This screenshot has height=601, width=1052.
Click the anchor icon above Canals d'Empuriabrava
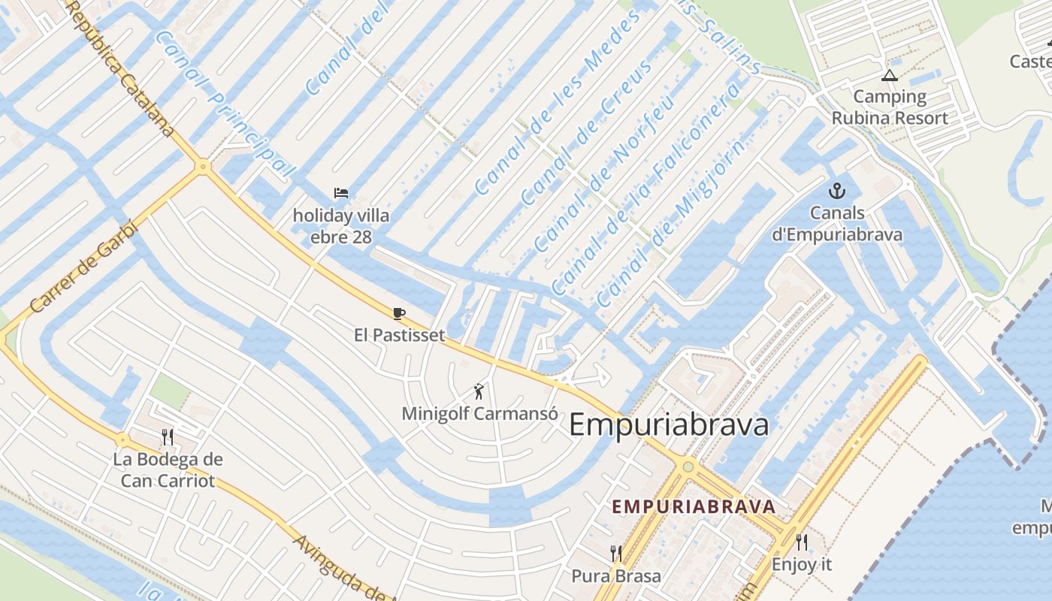(x=837, y=191)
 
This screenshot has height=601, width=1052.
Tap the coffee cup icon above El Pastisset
(x=399, y=313)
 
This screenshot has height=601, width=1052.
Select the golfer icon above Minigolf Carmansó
(x=479, y=391)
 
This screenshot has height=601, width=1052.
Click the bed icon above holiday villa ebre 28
(x=341, y=194)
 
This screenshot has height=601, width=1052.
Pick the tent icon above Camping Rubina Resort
(x=890, y=75)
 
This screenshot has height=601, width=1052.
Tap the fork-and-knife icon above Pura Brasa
(x=616, y=554)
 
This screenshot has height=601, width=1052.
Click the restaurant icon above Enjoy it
(x=802, y=542)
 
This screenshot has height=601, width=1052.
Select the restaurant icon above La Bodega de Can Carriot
(x=168, y=436)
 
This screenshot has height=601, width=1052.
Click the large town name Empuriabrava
(x=669, y=425)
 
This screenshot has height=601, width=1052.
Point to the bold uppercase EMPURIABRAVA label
(x=692, y=506)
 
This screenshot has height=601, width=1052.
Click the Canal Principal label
(x=223, y=104)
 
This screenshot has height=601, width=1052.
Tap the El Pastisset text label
(x=399, y=335)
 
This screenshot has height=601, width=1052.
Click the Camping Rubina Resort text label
(x=890, y=107)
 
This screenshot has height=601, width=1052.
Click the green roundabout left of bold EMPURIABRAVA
(x=688, y=467)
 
